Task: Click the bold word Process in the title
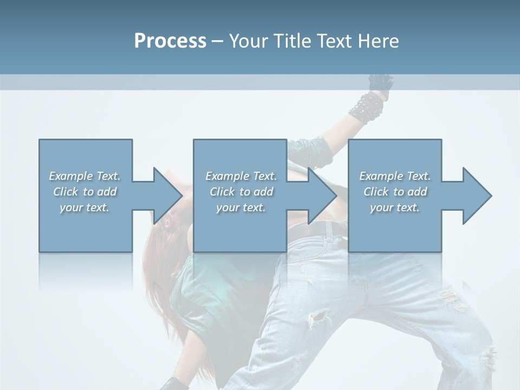click(x=170, y=41)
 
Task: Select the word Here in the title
click(x=379, y=41)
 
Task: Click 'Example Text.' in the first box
click(x=84, y=176)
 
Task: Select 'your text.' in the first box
click(x=84, y=207)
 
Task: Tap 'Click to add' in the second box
click(x=241, y=192)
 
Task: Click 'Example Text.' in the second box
click(x=241, y=176)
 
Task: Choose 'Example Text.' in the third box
click(x=395, y=176)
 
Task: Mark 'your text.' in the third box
click(x=395, y=207)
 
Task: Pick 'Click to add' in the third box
click(x=395, y=192)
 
